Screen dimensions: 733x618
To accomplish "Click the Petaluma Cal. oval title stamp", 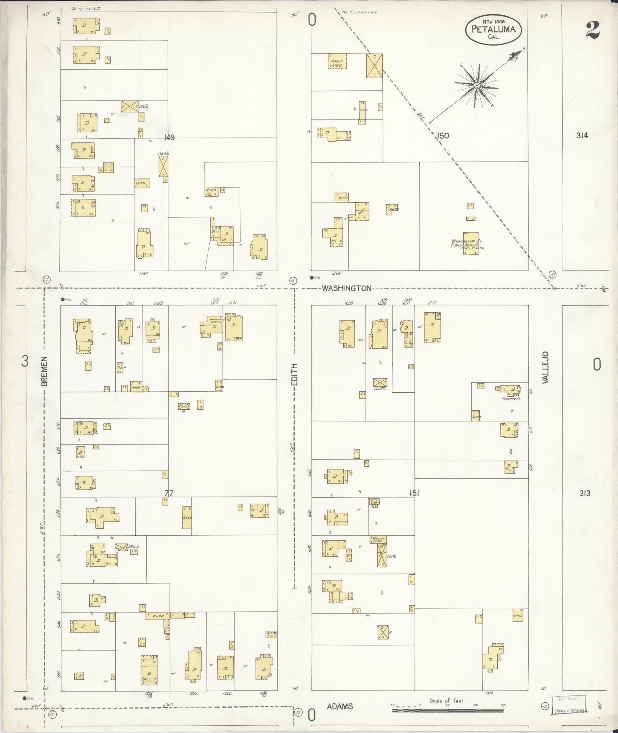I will point(493,30).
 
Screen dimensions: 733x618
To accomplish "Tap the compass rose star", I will point(477,85).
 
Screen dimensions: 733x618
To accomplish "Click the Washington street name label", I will point(346,289).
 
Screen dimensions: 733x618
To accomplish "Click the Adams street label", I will point(340,706).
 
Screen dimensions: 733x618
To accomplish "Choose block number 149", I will point(169,137).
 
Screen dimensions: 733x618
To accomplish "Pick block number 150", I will point(442,135).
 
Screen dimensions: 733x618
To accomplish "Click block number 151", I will point(414,493).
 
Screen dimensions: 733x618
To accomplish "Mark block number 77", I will point(169,494).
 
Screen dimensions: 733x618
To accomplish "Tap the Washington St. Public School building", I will point(470,243).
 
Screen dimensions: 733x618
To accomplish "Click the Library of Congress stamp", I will point(569,704).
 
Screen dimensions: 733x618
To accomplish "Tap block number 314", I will point(581,135).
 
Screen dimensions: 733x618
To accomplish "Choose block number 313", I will point(584,493).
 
